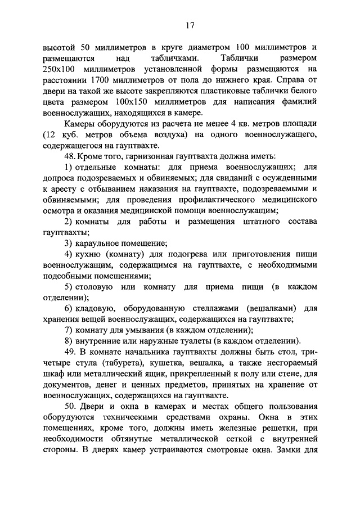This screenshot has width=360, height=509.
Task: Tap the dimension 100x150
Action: click(151, 102)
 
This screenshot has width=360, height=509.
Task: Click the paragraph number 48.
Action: click(70, 156)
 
